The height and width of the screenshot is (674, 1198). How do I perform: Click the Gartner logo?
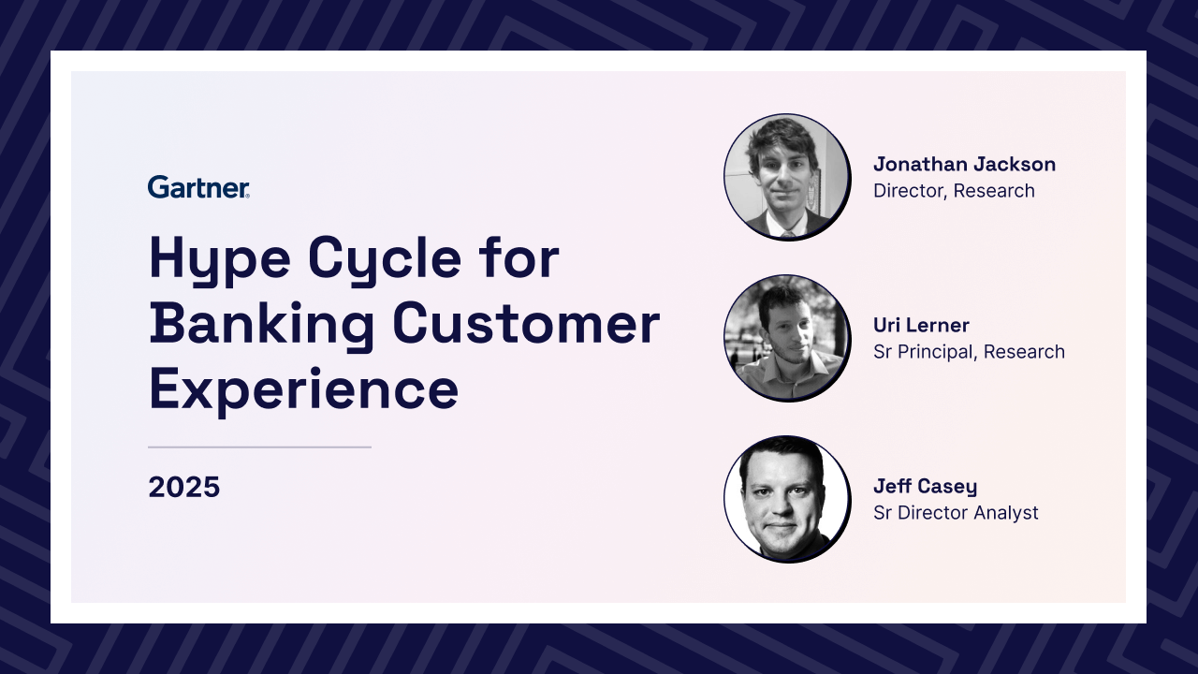point(198,186)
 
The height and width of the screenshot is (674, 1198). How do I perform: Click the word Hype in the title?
point(220,260)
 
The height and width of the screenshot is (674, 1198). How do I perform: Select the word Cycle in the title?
point(385,260)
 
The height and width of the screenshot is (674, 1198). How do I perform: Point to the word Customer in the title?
point(526,324)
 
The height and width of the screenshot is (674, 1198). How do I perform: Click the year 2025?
point(184,487)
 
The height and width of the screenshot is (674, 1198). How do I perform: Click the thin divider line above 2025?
point(259,447)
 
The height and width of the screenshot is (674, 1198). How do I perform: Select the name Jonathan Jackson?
point(964,164)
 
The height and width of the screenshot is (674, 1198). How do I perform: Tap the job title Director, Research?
point(954,191)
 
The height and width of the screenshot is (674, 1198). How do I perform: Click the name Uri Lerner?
point(921,325)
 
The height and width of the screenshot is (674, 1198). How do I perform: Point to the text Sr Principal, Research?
point(969,352)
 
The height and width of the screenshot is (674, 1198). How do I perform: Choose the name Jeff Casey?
point(925,486)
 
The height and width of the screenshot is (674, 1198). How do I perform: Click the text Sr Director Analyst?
point(956,513)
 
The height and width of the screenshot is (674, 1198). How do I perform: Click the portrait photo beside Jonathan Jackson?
point(787,177)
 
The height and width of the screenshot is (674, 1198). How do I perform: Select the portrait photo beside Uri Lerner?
point(787,338)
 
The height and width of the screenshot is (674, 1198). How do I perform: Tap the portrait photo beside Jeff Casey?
point(787,499)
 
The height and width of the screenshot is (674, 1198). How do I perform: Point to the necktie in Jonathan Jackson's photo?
point(787,234)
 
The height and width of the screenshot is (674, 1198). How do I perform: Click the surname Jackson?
point(1014,164)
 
